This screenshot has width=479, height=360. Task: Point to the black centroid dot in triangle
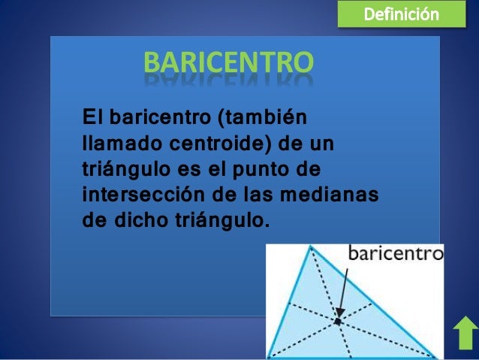click(x=337, y=321)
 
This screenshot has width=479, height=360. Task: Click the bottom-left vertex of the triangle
click(x=269, y=355)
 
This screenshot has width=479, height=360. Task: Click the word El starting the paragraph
click(x=92, y=118)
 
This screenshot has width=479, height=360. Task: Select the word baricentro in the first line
click(x=158, y=118)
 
